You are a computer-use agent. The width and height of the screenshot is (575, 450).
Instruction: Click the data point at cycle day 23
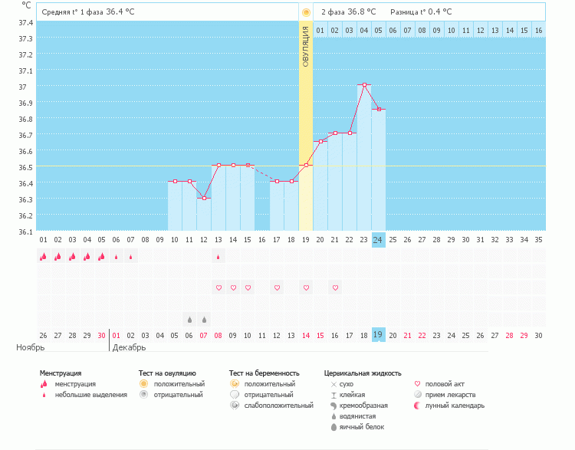(364, 84)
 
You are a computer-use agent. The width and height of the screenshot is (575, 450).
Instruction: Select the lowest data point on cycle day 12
(204, 198)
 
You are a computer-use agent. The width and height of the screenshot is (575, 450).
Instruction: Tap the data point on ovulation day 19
(306, 165)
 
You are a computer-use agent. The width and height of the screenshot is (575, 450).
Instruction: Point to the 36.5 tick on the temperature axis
(25, 167)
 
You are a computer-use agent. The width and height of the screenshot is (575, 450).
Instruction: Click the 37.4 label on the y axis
(25, 22)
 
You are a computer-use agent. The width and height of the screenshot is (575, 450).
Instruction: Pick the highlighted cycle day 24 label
(378, 239)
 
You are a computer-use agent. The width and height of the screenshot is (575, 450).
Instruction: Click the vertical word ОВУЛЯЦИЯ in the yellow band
(305, 46)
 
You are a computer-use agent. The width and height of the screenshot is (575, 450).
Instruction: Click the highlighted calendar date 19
(378, 335)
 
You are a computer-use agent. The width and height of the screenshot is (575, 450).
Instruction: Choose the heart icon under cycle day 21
(335, 287)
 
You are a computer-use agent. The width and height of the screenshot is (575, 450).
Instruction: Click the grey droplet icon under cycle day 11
(189, 319)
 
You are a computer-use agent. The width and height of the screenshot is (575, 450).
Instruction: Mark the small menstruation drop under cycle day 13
(219, 257)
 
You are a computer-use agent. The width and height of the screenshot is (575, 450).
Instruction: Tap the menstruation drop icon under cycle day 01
(44, 257)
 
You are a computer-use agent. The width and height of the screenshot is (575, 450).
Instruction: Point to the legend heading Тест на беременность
(264, 373)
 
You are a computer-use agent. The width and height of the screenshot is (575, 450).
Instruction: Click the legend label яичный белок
(362, 427)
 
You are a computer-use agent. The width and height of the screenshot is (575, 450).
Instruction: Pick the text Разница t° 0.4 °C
(421, 12)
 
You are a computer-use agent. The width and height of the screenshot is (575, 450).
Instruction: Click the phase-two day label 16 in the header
(539, 30)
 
